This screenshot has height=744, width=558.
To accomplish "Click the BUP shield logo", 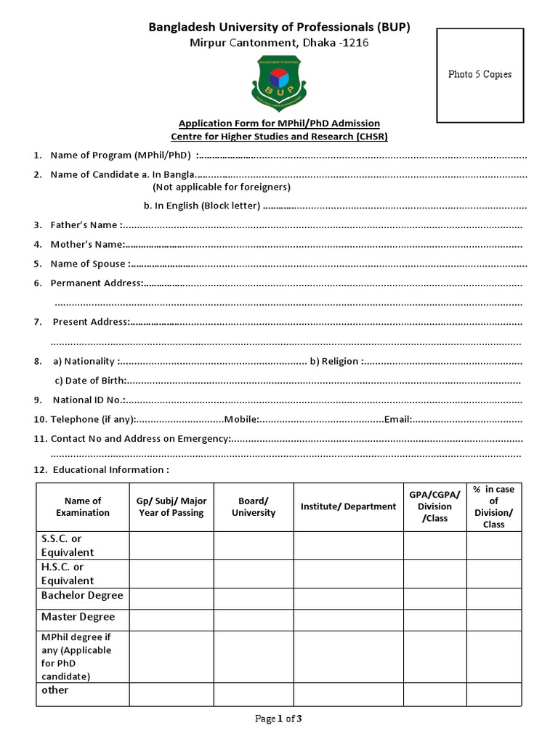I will coord(279,80).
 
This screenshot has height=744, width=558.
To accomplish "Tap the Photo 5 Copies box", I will coord(480,75).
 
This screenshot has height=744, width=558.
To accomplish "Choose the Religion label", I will coord(337,361).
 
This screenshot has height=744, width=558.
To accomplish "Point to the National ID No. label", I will coord(89,400).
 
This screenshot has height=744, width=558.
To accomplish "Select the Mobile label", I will coord(242,419).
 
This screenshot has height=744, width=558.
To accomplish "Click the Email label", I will coord(398,419).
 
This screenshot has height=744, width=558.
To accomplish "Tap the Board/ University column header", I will coord(254,506).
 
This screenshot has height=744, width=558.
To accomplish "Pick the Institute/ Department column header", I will coord(349,506).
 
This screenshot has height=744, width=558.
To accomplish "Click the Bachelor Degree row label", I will coord(82,596).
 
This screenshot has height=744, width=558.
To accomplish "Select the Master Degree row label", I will coord(78,617).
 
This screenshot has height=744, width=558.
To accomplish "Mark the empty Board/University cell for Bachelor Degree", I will coord(254,599).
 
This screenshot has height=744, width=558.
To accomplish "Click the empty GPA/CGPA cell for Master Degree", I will coord(434,620).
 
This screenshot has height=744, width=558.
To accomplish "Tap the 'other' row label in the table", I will coord(55,690).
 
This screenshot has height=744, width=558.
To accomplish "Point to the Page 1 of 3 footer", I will coord(278,719).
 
